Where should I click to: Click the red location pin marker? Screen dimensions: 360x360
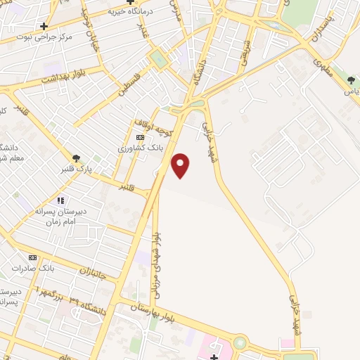181,165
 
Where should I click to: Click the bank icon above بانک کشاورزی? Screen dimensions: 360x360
140,137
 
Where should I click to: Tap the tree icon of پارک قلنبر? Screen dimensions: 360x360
75,158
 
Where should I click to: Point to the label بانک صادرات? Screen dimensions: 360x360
33,269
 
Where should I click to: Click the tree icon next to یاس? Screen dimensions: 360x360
351,80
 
